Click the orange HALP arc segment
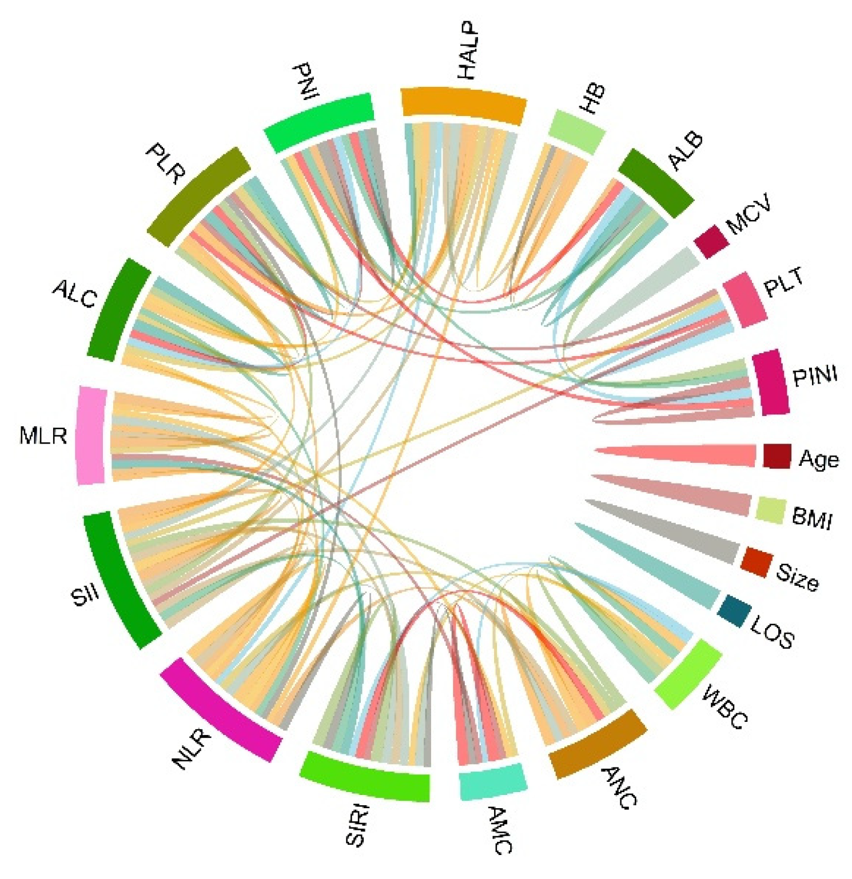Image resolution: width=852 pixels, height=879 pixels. click(463, 103)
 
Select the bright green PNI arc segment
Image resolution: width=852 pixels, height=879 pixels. click(320, 122)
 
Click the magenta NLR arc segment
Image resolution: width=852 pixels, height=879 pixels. click(221, 709)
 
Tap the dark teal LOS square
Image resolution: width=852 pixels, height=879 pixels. click(734, 611)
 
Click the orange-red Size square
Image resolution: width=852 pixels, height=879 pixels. click(756, 561)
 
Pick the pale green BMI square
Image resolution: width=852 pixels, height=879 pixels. click(770, 510)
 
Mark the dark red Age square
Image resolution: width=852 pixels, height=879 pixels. click(777, 456)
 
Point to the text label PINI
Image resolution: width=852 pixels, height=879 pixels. click(815, 376)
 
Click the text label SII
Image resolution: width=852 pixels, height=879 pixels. click(85, 596)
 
